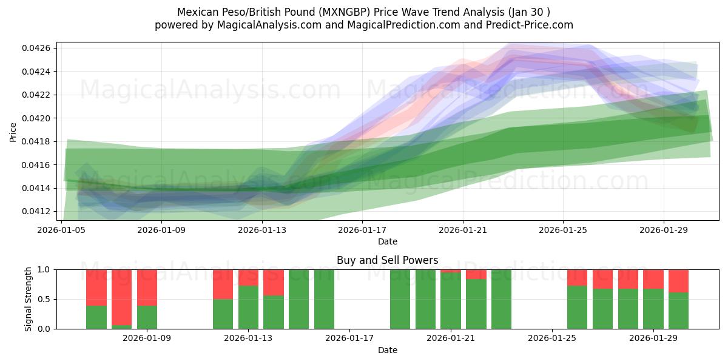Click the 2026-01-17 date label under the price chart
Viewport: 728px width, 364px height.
pos(362,230)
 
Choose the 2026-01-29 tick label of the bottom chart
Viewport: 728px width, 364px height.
pos(653,339)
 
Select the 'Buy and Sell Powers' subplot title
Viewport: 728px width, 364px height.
pos(387,260)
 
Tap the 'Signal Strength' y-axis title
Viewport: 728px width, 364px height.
pos(29,299)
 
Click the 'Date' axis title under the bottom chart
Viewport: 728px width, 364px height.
pos(387,350)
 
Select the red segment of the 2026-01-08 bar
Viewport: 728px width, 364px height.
pos(122,297)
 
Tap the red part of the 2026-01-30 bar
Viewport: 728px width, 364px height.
pos(678,281)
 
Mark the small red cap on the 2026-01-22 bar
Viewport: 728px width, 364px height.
pos(476,274)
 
